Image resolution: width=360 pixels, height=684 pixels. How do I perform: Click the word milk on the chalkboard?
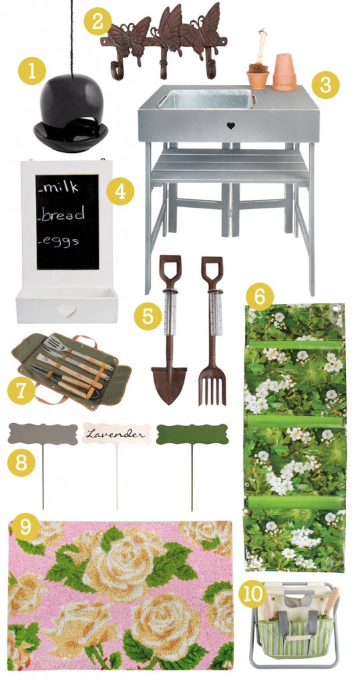[61, 187]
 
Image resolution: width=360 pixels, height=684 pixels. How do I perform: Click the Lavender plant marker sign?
[117, 434]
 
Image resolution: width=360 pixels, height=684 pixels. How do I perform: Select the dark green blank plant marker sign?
[192, 435]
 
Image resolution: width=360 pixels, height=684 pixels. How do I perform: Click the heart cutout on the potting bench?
[230, 125]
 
